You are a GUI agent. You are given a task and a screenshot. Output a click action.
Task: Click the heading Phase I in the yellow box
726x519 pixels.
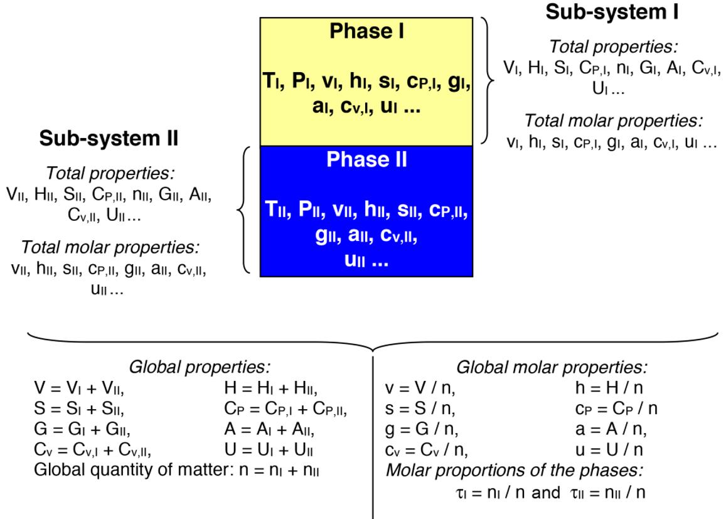tap(366, 32)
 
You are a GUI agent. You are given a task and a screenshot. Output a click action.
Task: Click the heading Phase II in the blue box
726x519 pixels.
tap(366, 160)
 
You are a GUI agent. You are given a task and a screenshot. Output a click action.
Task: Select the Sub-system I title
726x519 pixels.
tap(612, 12)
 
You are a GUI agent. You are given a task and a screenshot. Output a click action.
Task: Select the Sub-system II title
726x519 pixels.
tap(109, 139)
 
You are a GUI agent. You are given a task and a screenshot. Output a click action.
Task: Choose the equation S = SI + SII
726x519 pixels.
tap(79, 409)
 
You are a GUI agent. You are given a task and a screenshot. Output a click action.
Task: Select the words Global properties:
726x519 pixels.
tap(200, 368)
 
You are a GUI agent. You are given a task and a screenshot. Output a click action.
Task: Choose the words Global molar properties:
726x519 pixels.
tap(552, 368)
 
